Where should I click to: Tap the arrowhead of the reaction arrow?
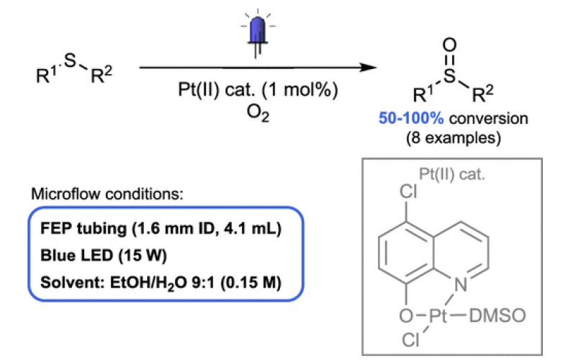coord(371,68)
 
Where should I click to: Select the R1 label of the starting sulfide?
coord(47,75)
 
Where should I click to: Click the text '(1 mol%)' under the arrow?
coord(303,94)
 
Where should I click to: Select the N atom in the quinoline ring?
coord(462,287)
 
